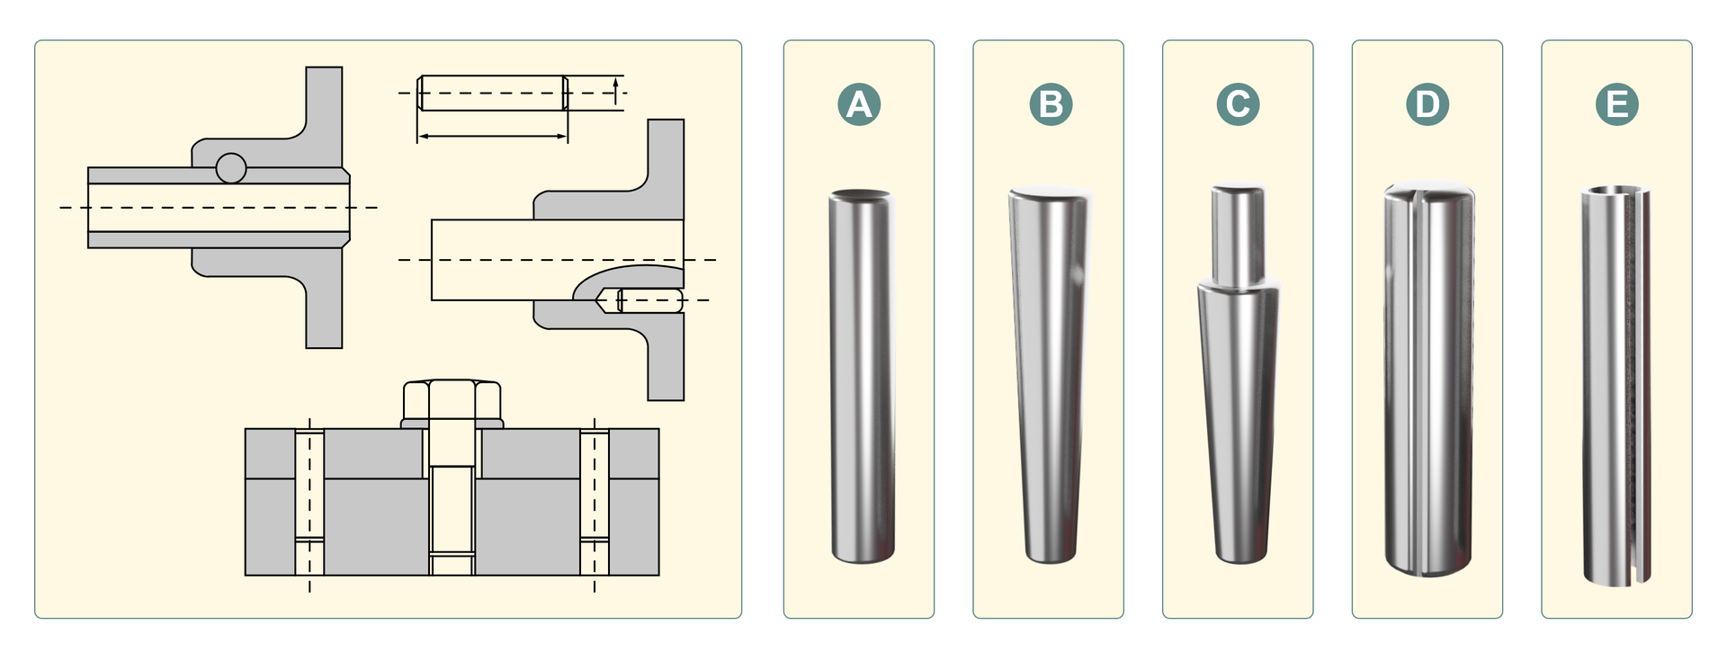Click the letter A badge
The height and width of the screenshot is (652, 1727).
click(859, 104)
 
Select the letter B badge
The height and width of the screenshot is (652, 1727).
click(1051, 104)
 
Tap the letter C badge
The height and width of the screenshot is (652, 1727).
click(1238, 104)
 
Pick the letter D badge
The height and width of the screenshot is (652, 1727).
click(1427, 104)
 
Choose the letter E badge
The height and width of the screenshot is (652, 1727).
click(1616, 104)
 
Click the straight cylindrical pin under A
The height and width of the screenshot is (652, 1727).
click(862, 376)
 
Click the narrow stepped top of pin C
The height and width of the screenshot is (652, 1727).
click(1238, 236)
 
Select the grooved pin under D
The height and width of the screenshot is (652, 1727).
click(1428, 377)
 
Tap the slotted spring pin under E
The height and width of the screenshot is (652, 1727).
click(1615, 385)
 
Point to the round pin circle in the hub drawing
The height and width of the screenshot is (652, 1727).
click(231, 168)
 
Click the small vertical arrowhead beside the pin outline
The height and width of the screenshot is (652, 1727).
click(615, 84)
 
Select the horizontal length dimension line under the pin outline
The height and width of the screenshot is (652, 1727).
click(492, 137)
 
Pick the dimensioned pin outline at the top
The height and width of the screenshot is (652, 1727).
click(492, 93)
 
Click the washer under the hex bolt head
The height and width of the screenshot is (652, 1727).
click(452, 424)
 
